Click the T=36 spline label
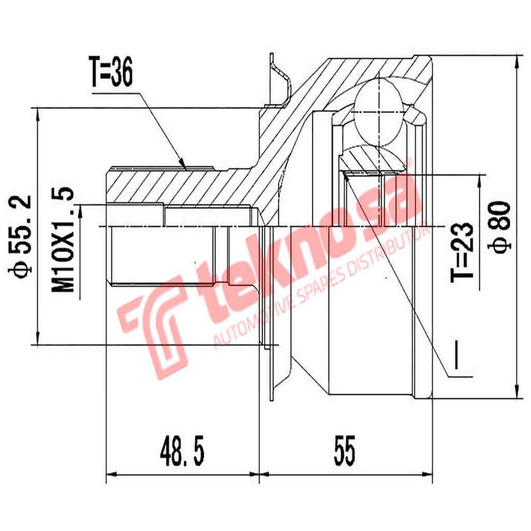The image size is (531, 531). point(110,74)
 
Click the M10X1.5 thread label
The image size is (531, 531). point(64,240)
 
